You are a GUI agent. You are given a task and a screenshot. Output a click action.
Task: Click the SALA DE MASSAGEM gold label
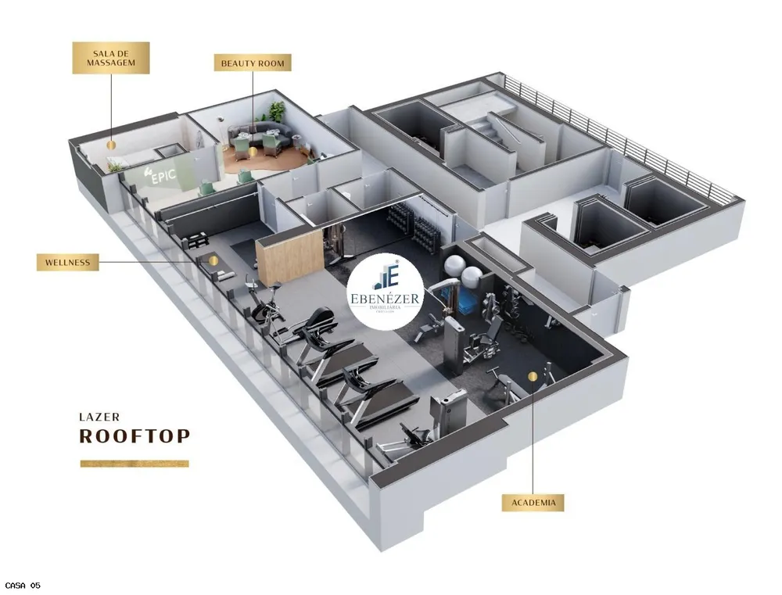click(x=111, y=58)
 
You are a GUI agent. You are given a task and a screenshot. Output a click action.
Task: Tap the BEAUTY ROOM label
click(x=253, y=63)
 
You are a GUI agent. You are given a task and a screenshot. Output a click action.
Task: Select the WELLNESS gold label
click(x=68, y=263)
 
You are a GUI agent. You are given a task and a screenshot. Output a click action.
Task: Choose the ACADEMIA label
click(x=533, y=502)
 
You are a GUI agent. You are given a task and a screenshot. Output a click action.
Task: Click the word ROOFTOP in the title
click(x=135, y=435)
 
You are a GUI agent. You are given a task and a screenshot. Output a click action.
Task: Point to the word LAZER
click(x=99, y=417)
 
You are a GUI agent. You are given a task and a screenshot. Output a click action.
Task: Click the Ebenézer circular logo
click(x=386, y=292)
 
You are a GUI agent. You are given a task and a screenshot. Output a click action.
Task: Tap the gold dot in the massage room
click(x=111, y=145)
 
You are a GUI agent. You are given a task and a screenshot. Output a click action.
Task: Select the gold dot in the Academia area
click(x=533, y=377)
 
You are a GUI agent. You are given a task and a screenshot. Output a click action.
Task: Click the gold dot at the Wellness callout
click(x=213, y=260)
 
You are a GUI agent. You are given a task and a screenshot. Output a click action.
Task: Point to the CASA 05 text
click(x=23, y=586)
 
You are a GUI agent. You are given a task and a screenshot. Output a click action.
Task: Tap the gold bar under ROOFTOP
click(x=135, y=464)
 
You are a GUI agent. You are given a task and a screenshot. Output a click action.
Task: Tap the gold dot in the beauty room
click(x=253, y=151)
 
